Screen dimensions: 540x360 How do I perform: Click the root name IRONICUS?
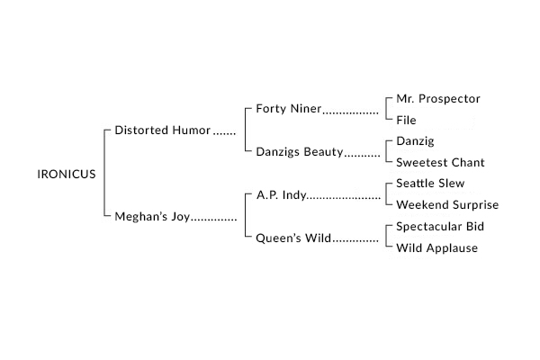coord(67,175)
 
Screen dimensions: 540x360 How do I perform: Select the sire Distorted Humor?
coord(163,130)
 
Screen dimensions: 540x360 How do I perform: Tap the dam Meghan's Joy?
coord(152,217)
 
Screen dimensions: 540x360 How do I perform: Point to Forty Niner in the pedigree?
coord(289,109)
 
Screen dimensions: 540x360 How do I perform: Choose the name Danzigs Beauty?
coord(300,152)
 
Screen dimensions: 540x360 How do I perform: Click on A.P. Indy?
coord(282,195)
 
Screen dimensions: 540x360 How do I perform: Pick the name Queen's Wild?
coord(293,238)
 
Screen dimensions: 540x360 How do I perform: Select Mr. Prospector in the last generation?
coord(438,99)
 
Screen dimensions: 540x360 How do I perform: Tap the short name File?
coord(406,121)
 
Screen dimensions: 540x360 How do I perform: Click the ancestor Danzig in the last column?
coord(415,141)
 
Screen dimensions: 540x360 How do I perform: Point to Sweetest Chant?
coord(440,162)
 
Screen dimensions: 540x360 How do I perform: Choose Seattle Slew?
coord(430,184)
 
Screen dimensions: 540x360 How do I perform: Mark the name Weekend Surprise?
coord(447,205)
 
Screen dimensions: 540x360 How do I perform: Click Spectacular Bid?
coord(440,226)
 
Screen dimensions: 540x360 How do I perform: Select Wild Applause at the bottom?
coord(437,248)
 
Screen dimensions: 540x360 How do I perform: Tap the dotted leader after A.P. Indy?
coord(344,198)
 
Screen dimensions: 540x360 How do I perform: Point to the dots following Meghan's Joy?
coord(214,220)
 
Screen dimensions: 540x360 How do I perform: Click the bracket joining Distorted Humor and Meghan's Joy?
coord(104,173)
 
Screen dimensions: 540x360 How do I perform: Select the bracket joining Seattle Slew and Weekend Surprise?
coord(387,194)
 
